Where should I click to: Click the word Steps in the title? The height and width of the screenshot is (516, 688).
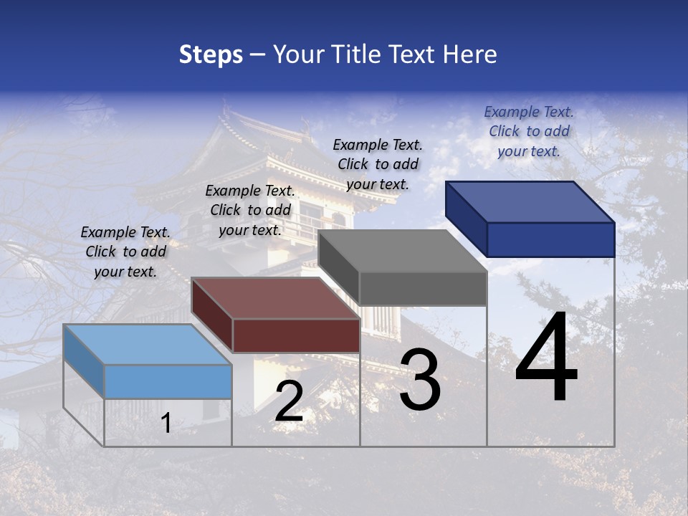(x=211, y=54)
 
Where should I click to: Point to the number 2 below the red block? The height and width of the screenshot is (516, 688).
(x=289, y=401)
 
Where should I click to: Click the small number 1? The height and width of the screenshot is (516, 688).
(x=166, y=424)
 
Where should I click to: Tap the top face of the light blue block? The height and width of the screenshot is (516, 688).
(x=148, y=344)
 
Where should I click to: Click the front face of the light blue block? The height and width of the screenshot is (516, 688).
(x=168, y=381)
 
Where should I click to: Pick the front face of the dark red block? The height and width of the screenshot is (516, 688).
(x=296, y=335)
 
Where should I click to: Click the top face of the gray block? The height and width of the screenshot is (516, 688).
(x=403, y=251)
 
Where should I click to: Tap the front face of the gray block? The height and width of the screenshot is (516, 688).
(x=423, y=289)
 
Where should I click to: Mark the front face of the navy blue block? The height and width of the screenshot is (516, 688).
(x=550, y=239)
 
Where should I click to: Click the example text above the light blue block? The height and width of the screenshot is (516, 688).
(x=125, y=252)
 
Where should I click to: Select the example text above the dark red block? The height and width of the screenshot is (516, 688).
(x=250, y=210)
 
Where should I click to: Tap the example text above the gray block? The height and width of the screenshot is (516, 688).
(x=378, y=164)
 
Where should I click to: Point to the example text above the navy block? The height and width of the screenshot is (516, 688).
(x=529, y=131)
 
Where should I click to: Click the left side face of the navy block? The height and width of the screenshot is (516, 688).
(x=466, y=218)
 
